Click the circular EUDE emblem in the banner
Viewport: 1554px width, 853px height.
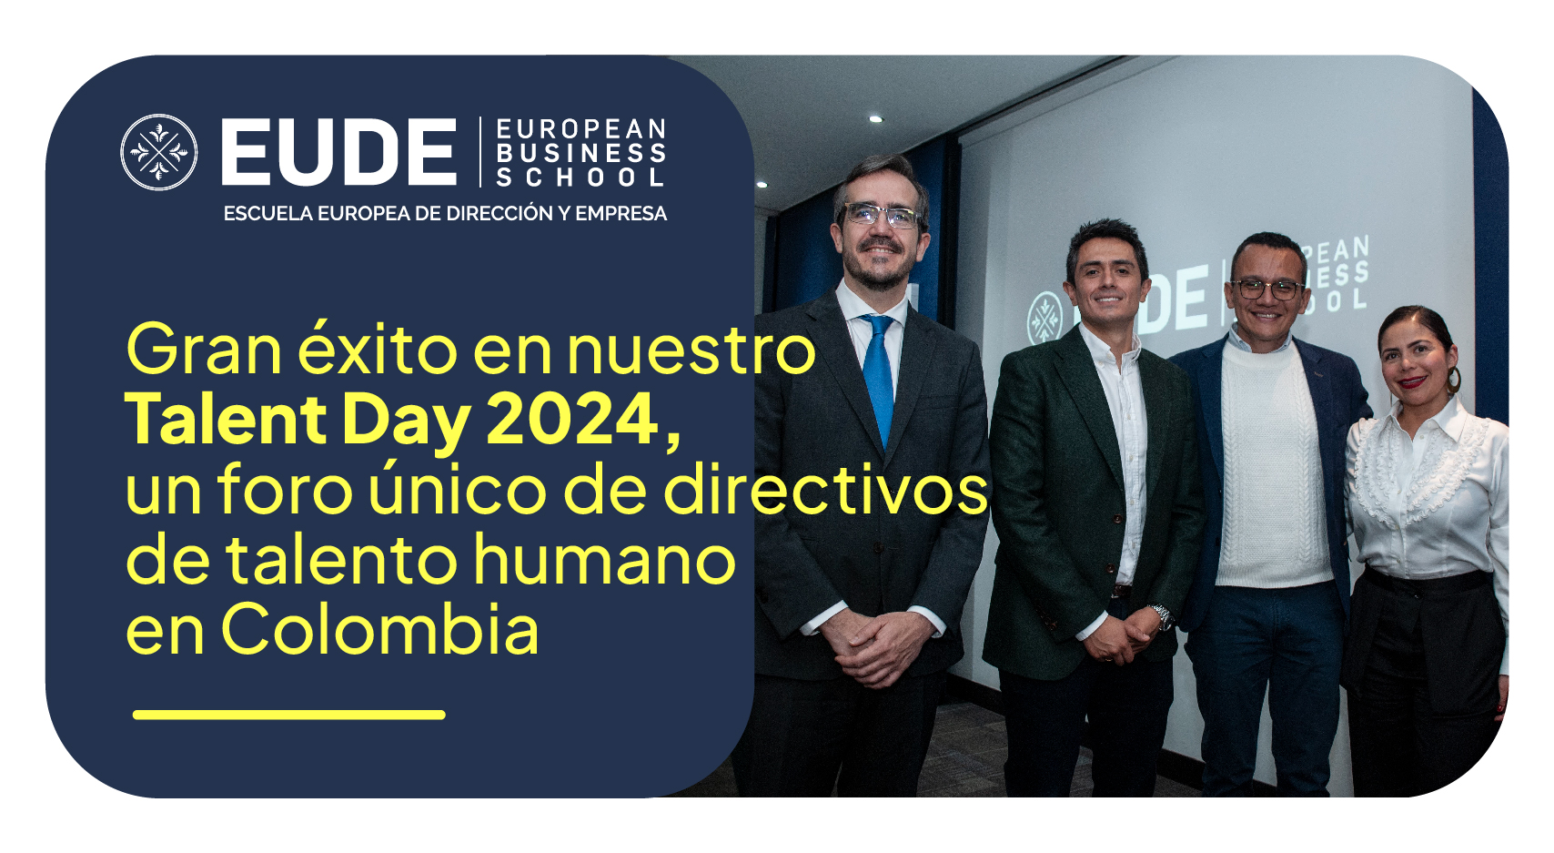tap(159, 152)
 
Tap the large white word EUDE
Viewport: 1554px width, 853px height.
tap(339, 152)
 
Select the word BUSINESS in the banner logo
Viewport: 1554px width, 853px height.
tap(581, 153)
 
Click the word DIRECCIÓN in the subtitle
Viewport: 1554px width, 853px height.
tap(495, 213)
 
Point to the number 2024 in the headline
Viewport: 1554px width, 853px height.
tap(572, 419)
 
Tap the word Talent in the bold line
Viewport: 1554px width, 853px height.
tap(227, 419)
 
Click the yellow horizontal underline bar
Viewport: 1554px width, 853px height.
tap(288, 715)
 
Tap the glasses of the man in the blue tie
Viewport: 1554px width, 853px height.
tap(881, 216)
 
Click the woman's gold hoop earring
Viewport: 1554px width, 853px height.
tap(1453, 381)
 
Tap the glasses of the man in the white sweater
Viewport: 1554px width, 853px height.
tap(1266, 289)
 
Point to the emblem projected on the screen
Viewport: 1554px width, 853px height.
tap(1044, 318)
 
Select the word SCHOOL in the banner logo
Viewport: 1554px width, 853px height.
tap(581, 177)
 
